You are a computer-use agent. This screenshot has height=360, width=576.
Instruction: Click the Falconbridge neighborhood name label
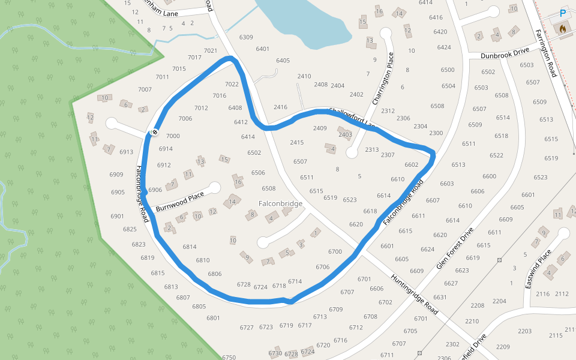[x=280, y=204]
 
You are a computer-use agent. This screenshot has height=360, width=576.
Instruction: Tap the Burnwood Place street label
[x=180, y=201]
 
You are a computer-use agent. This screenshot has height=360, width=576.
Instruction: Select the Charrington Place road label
[x=383, y=79]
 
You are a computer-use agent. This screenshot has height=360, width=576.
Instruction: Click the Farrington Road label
[x=547, y=53]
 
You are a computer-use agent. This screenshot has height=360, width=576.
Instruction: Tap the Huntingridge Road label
[x=415, y=295]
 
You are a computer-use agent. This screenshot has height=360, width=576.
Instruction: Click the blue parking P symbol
[x=563, y=13]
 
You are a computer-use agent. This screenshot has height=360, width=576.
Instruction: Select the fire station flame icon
[x=563, y=28]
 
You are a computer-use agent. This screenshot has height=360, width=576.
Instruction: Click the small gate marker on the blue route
[x=154, y=131]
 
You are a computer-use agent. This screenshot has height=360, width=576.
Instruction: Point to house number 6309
[x=246, y=37]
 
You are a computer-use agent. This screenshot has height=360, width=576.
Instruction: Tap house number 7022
[x=232, y=85]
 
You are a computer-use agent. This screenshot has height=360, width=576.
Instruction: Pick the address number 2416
[x=280, y=107]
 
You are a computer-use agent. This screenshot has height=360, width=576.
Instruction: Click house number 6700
[x=335, y=252]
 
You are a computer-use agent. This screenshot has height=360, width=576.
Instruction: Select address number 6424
[x=444, y=47]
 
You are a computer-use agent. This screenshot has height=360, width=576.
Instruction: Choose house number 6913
[x=126, y=152]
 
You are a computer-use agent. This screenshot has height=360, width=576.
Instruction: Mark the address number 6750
[x=229, y=358]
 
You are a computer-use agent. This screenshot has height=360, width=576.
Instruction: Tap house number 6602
[x=411, y=164]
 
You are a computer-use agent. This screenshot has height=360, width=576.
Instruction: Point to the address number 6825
[x=130, y=230]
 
